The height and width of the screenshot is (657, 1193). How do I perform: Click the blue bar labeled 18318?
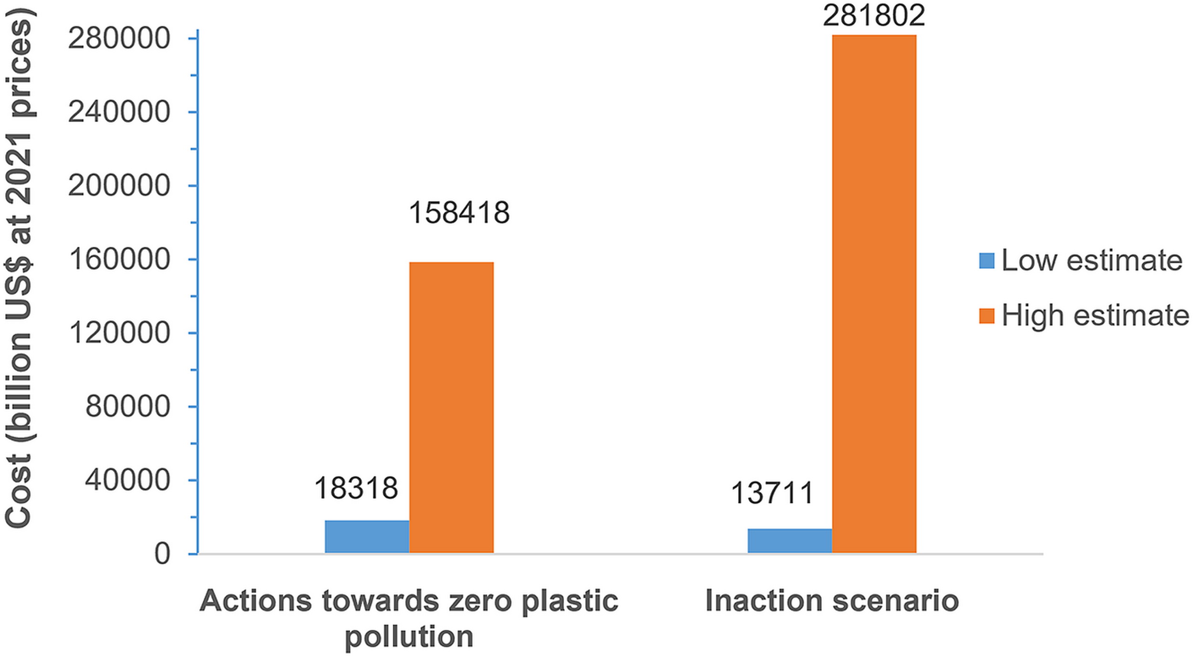tap(367, 537)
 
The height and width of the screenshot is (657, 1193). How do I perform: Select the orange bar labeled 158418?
tap(451, 407)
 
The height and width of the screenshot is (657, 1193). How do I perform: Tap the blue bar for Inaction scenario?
tap(790, 541)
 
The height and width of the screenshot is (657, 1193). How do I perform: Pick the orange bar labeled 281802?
tap(874, 294)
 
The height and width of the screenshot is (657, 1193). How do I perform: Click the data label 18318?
tap(356, 489)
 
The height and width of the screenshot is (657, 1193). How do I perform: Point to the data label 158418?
tap(459, 212)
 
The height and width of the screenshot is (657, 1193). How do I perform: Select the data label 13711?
tap(772, 493)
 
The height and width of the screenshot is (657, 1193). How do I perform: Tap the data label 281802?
tap(874, 15)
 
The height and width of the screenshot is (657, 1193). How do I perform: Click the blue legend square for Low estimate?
tap(987, 261)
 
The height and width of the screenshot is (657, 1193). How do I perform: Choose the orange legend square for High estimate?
tap(987, 316)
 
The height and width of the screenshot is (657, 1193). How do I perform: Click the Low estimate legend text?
tap(1092, 261)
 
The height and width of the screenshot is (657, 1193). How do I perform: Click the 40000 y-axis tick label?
tap(127, 480)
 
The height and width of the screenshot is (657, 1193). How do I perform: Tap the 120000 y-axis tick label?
tap(119, 333)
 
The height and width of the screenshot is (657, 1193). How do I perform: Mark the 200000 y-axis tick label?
tap(119, 186)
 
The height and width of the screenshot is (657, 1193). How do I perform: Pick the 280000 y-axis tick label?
tap(119, 39)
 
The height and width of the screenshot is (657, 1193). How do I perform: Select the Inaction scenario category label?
tap(832, 600)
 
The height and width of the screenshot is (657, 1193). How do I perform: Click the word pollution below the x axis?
tap(409, 637)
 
